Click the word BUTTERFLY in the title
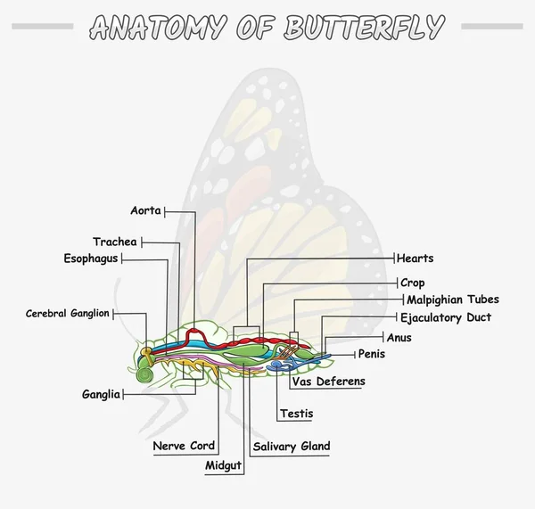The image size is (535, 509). tap(363, 27)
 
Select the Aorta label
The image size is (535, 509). tap(145, 211)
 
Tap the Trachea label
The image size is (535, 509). tap(115, 242)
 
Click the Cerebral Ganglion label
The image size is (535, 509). tap(67, 313)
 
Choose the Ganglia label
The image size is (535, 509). tap(101, 394)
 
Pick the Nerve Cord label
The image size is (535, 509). tap(184, 446)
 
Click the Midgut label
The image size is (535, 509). tap(223, 465)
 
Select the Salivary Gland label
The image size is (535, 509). tap(292, 446)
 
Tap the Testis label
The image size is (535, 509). tap(296, 414)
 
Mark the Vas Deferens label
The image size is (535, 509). tap(329, 382)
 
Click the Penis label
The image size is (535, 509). tap(372, 354)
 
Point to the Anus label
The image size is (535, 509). tap(399, 337)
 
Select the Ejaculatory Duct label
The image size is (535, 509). tap(445, 317)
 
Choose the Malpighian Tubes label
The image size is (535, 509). tap(453, 300)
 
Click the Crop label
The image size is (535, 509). tap(413, 283)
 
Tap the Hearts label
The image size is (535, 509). tap(416, 259)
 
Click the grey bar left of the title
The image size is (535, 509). tap(43, 27)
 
